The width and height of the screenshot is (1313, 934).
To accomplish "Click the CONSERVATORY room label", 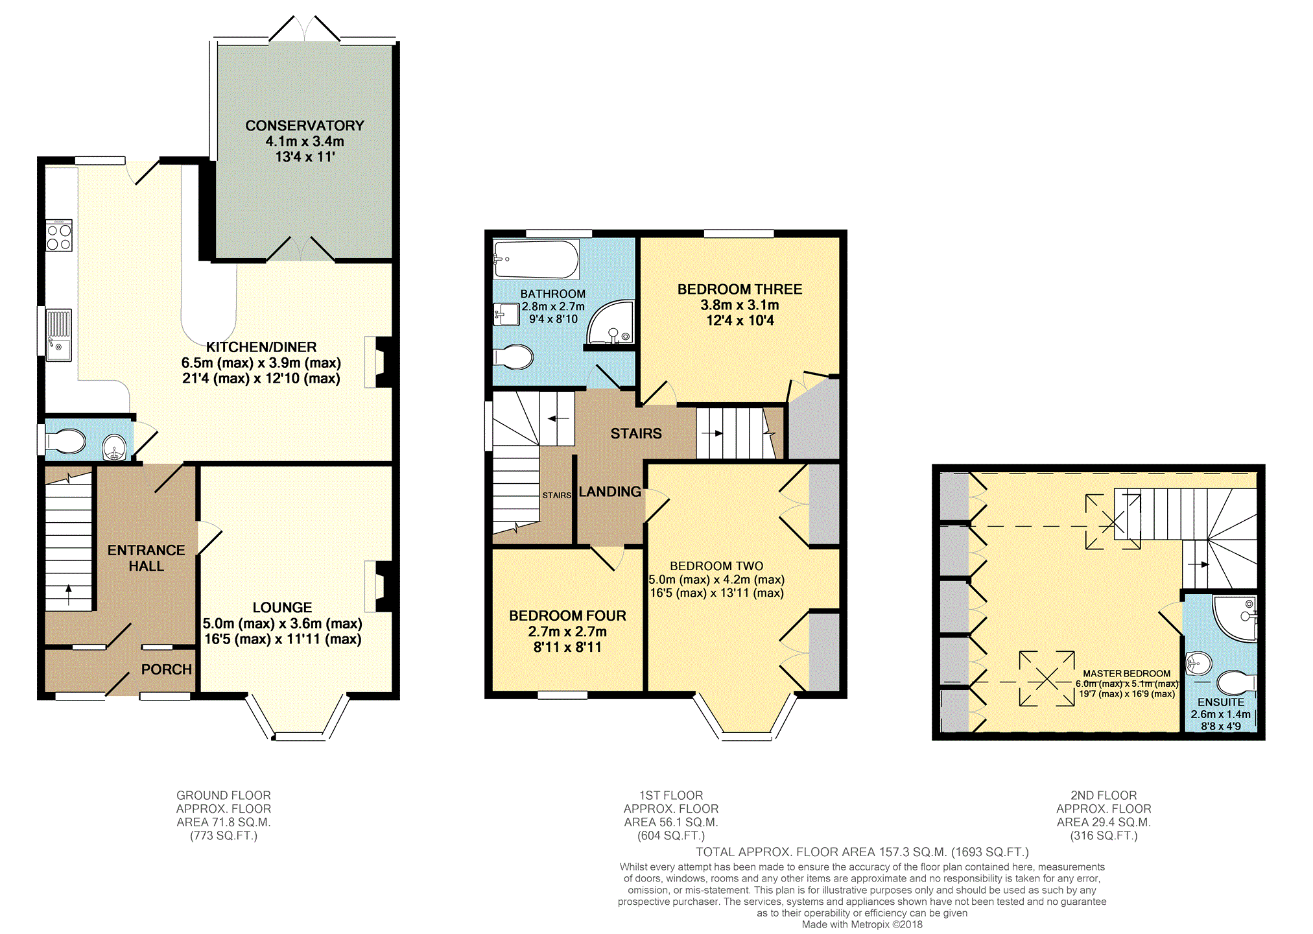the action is [305, 125].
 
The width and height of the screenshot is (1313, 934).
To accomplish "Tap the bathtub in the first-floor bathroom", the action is [536, 259].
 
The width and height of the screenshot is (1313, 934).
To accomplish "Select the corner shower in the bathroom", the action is [610, 322].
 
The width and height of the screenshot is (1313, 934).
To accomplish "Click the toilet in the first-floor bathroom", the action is [513, 357].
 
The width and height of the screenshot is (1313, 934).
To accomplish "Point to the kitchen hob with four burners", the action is [59, 235].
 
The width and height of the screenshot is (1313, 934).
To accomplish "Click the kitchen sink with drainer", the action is [58, 335].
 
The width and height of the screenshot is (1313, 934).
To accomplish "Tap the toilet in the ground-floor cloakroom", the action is [65, 442].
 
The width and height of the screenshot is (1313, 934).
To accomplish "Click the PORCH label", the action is [167, 669].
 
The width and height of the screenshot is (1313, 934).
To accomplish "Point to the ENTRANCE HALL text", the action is [147, 558].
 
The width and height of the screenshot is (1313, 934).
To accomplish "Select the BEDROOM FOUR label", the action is [567, 616].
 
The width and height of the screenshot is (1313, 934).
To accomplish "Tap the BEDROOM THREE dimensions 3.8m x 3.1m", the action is [740, 305].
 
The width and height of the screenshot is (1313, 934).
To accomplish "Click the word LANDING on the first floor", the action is [609, 492].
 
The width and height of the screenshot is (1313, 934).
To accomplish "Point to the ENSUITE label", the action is [1221, 702].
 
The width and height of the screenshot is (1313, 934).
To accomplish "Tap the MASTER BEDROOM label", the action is [1127, 674].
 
